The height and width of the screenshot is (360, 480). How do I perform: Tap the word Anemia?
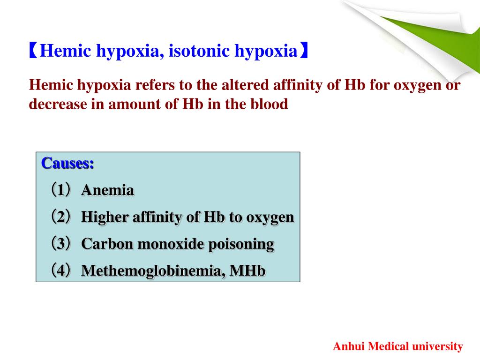click(x=108, y=190)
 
